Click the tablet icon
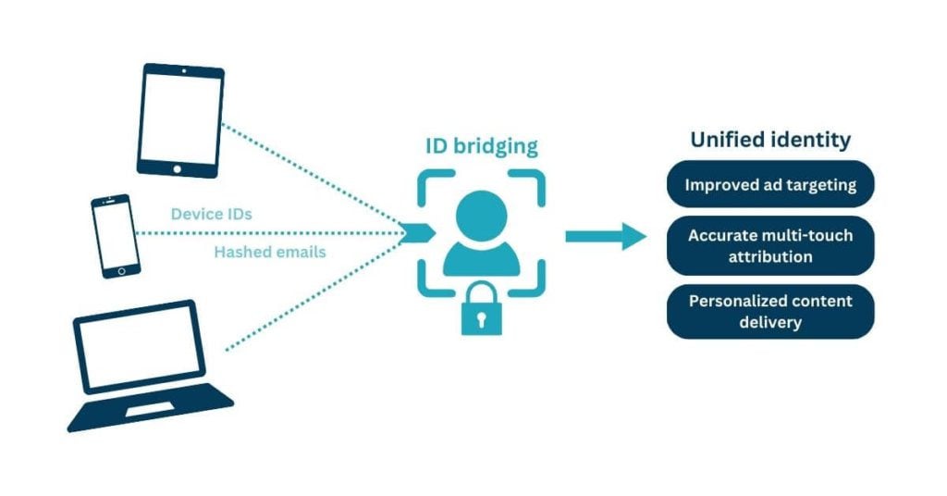(x=180, y=119)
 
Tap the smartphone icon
(x=116, y=236)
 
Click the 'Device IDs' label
(x=212, y=214)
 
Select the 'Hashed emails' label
(x=270, y=252)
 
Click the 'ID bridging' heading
(x=480, y=146)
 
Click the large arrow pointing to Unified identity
(x=606, y=236)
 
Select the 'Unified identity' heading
(x=770, y=141)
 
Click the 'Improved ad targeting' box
(x=770, y=185)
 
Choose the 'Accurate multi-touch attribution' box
(x=770, y=245)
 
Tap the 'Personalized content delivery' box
(x=770, y=312)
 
